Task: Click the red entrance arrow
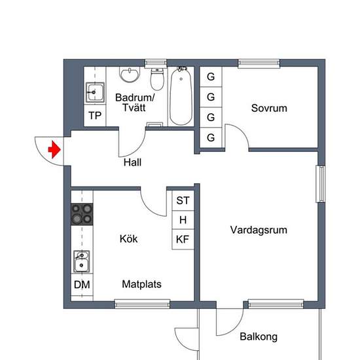[x=55, y=150]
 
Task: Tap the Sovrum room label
[x=269, y=108]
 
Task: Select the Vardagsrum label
[x=259, y=230]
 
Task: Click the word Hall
[x=132, y=162]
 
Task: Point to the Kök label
[x=129, y=239]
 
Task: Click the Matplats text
[x=141, y=285]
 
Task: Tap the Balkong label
[x=258, y=337]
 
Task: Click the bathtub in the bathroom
[x=180, y=98]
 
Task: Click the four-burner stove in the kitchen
[x=82, y=213]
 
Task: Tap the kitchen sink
[x=82, y=262]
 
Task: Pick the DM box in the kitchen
[x=82, y=285]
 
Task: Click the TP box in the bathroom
[x=96, y=116]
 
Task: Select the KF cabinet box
[x=183, y=240]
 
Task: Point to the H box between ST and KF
[x=183, y=220]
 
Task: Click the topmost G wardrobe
[x=211, y=77]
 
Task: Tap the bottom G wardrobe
[x=211, y=138]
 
